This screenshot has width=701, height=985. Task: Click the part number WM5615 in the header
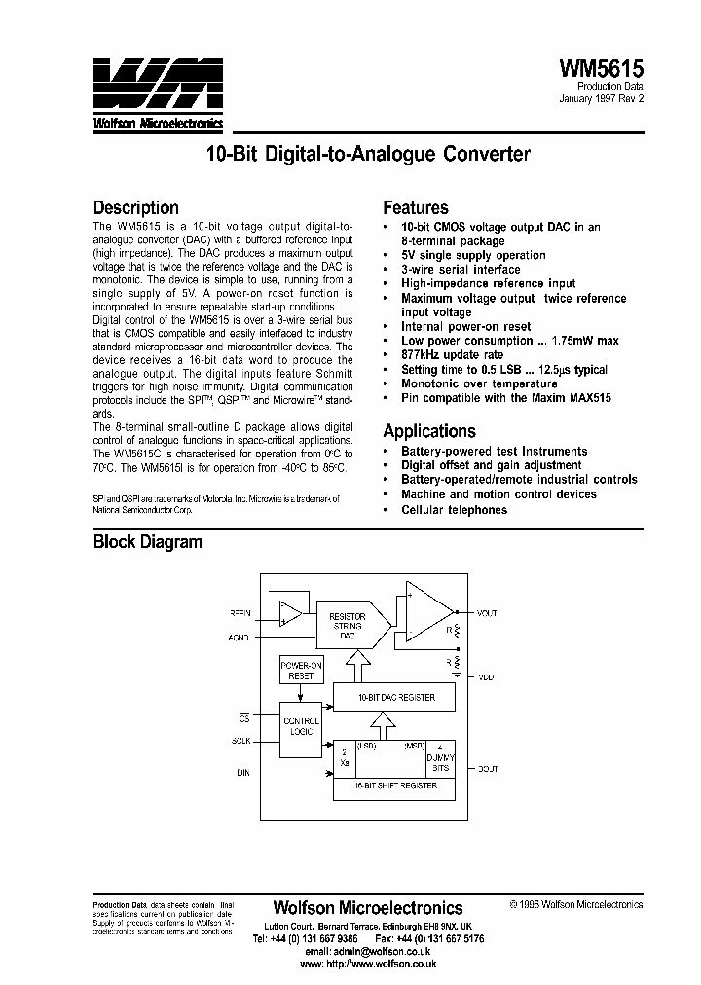coord(601,67)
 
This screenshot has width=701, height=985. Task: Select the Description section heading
coord(135,207)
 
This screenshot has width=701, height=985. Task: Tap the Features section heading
coord(415,207)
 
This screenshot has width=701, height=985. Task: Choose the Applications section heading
coord(429,431)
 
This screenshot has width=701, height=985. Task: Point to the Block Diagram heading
coord(147,542)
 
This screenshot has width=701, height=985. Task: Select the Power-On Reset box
coord(301,670)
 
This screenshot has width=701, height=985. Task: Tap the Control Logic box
coord(300,725)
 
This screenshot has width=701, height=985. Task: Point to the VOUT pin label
coord(487,613)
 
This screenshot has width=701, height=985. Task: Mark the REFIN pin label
coord(240,613)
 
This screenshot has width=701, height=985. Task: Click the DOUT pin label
coord(487,769)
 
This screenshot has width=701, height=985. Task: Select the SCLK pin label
coord(240,741)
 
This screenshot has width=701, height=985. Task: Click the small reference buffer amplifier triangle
coord(288,614)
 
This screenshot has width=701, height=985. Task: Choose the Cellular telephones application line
coord(454,510)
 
